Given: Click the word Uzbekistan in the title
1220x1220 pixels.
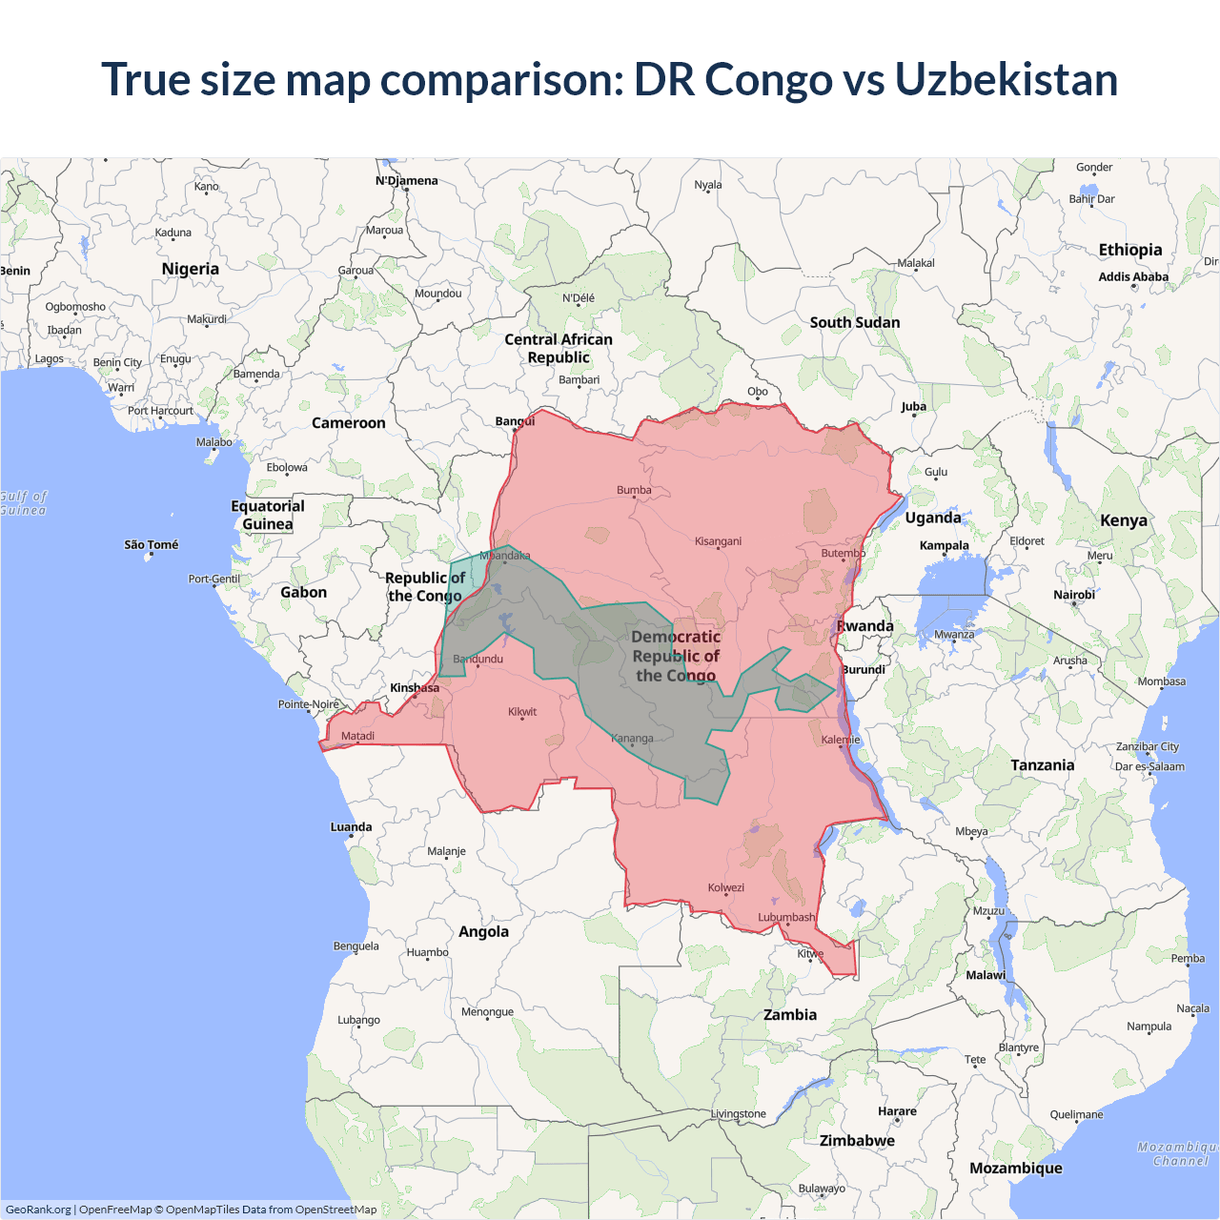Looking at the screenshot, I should tap(1006, 80).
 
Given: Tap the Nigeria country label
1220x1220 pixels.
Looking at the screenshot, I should tap(191, 269).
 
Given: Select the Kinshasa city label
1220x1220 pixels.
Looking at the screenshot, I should tap(415, 688).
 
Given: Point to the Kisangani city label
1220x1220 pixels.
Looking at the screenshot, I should tap(718, 541).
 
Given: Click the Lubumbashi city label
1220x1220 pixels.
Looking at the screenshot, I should tap(786, 918).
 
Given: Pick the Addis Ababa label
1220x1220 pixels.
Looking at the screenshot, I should tap(1133, 277).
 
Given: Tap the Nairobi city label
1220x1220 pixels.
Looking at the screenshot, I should tap(1074, 595).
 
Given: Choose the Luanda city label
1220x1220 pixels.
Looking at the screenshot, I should tap(351, 827).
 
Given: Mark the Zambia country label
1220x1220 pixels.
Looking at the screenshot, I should tap(790, 1015).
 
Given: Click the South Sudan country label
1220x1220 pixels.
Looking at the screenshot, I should tap(855, 323).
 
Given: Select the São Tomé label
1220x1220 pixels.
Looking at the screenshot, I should tap(152, 545).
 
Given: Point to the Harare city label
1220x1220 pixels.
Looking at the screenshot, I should tap(897, 1111).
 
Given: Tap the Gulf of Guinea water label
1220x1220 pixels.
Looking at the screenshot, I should tap(23, 503).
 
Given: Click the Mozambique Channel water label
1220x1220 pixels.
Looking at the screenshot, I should tap(1178, 1154).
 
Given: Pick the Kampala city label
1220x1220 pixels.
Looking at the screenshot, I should tap(944, 546).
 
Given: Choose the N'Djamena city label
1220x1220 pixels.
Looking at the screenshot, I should tap(407, 181).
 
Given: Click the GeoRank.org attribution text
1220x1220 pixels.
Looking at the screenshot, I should tap(38, 1210).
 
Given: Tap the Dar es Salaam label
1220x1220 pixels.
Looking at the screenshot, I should tap(1149, 766).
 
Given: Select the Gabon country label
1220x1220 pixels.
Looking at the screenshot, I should tap(303, 593).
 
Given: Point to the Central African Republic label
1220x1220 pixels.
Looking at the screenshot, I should tap(559, 349).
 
